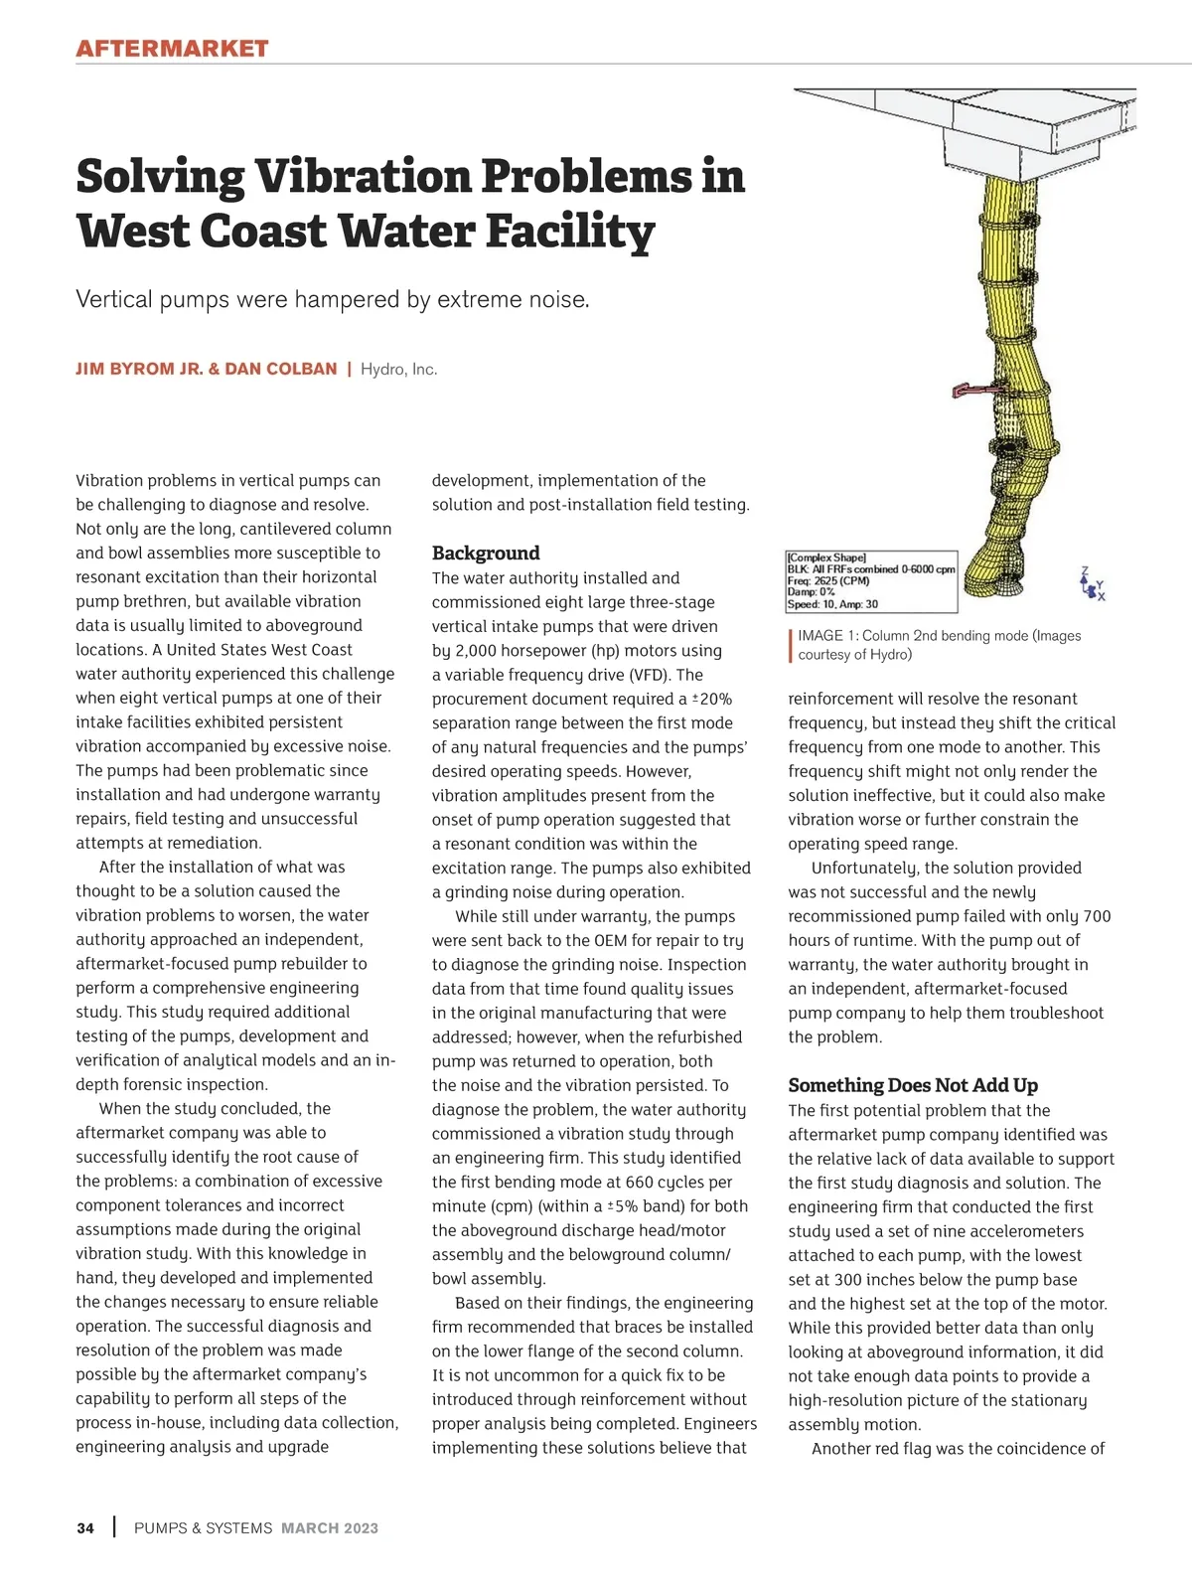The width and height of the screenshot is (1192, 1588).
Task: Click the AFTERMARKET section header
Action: [172, 49]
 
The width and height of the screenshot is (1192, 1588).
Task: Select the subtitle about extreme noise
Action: [333, 299]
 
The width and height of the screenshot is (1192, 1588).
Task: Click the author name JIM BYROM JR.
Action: [138, 369]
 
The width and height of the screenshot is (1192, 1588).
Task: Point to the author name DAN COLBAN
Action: [281, 369]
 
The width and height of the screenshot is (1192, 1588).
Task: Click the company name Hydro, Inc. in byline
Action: [398, 370]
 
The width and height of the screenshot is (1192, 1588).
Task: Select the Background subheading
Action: [486, 554]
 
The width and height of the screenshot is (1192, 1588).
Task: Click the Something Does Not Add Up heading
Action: [913, 1085]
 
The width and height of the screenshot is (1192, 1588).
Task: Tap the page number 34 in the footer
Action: [85, 1528]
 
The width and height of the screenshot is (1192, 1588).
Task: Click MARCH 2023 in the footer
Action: [330, 1528]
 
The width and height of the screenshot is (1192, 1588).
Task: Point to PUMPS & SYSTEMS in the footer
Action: [203, 1528]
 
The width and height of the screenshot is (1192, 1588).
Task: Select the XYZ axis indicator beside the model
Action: [1092, 583]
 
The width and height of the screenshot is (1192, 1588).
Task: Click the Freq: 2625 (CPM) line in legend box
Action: [828, 580]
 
